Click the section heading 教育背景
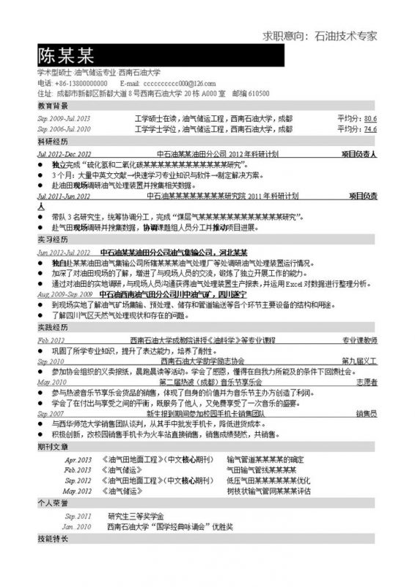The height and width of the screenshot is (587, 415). click(51, 106)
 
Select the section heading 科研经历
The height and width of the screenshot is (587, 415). click(51, 141)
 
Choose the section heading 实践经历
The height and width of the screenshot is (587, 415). click(51, 327)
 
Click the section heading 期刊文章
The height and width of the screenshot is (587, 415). click(51, 446)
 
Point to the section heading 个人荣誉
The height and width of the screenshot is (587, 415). click(51, 503)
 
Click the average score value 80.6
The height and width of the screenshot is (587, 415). click(370, 118)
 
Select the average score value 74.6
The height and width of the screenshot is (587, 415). click(370, 128)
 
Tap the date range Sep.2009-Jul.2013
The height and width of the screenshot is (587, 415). click(65, 118)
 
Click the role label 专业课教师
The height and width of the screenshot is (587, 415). click(360, 340)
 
